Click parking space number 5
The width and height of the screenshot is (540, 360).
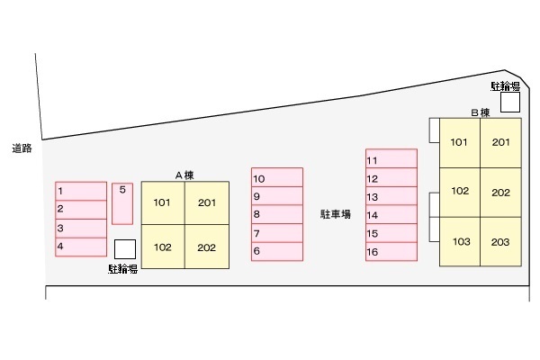pyautogui.click(x=122, y=203)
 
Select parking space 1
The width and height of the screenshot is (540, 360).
pyautogui.click(x=81, y=191)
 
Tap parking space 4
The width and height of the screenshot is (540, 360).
pyautogui.click(x=81, y=247)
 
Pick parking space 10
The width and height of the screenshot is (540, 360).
pyautogui.click(x=277, y=177)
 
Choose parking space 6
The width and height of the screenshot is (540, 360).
pyautogui.click(x=277, y=251)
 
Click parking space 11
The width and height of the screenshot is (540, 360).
pyautogui.click(x=391, y=158)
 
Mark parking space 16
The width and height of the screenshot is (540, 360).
pyautogui.click(x=391, y=251)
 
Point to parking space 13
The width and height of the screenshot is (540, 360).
pyautogui.click(x=391, y=196)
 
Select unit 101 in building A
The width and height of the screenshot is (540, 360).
pyautogui.click(x=163, y=202)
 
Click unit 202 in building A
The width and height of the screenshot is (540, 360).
pyautogui.click(x=207, y=247)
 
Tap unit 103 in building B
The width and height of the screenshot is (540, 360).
pyautogui.click(x=460, y=241)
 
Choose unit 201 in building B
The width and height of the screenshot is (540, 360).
pyautogui.click(x=500, y=143)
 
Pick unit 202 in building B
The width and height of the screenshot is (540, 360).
pyautogui.click(x=500, y=193)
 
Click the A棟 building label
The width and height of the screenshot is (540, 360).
pyautogui.click(x=184, y=175)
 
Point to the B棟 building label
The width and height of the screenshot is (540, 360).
pyautogui.click(x=481, y=112)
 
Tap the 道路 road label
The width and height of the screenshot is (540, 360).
pyautogui.click(x=22, y=148)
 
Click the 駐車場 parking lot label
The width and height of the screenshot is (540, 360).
pyautogui.click(x=336, y=214)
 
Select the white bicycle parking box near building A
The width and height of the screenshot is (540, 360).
pyautogui.click(x=125, y=249)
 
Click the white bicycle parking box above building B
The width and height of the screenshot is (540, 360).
pyautogui.click(x=510, y=102)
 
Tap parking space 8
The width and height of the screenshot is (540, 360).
pyautogui.click(x=277, y=214)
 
